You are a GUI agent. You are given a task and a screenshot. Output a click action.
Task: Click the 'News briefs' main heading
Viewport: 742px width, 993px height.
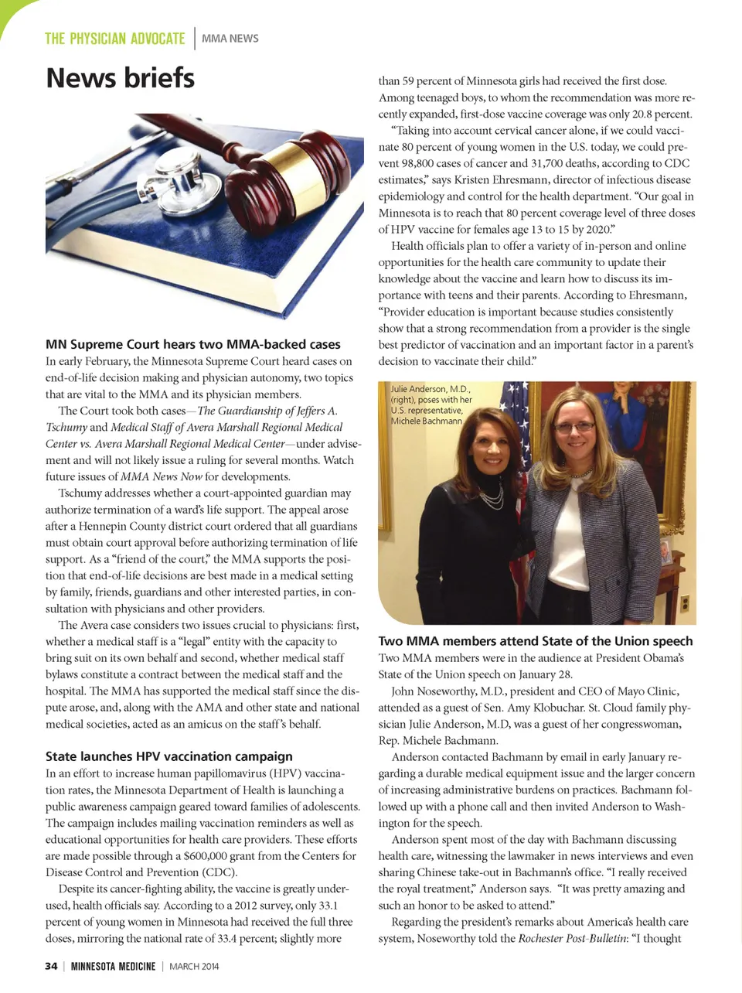(120, 78)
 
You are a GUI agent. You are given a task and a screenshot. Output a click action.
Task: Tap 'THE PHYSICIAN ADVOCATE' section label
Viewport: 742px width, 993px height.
(115, 39)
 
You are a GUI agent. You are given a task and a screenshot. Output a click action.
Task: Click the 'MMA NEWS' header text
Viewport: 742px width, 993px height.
(230, 39)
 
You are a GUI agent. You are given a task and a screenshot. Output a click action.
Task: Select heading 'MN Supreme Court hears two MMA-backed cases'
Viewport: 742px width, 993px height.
(192, 344)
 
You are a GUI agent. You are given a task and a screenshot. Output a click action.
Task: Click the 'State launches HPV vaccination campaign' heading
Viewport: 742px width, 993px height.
(168, 756)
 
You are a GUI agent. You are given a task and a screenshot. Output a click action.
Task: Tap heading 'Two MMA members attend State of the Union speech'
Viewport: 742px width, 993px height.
(535, 641)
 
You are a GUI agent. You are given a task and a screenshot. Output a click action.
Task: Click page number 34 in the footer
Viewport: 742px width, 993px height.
(51, 966)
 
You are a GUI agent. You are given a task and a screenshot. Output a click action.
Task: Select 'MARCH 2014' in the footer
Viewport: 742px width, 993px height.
(194, 966)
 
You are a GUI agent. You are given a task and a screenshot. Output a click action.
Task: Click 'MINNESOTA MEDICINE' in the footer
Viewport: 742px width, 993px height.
(113, 966)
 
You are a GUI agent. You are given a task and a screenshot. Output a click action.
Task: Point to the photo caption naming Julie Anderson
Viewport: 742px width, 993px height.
(431, 404)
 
